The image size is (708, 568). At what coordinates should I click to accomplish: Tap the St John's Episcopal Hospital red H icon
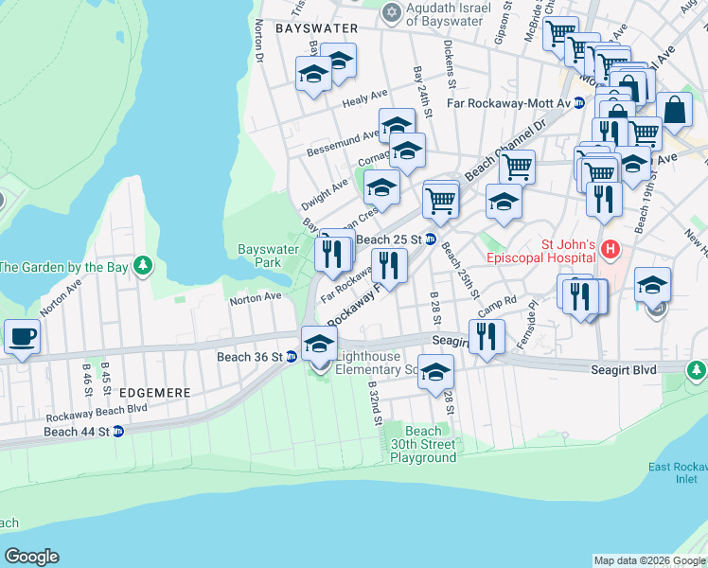pos(611,250)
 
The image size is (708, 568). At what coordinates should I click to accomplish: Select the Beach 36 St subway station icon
pos(292,357)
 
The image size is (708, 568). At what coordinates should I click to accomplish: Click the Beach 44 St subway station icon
pos(118,432)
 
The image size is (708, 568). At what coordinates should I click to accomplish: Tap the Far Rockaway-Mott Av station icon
pos(580,102)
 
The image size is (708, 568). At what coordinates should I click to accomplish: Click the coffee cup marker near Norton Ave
pos(22,335)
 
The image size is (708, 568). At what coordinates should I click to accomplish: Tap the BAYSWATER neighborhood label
pos(317,28)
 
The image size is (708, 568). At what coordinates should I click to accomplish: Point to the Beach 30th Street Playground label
pos(423,444)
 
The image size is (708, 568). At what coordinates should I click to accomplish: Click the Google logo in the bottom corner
pos(31,557)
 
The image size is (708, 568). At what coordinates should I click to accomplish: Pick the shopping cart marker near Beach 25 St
pos(441,199)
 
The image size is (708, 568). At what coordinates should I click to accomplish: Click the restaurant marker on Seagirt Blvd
pos(487,336)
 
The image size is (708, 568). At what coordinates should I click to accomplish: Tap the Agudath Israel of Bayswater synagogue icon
pos(390,12)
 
